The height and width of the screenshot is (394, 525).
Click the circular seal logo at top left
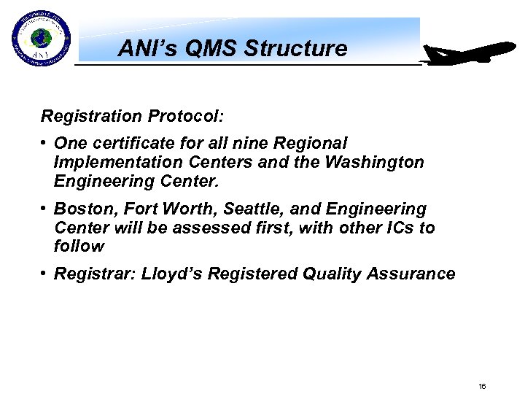(x=41, y=39)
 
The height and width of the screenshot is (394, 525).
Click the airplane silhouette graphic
(x=469, y=55)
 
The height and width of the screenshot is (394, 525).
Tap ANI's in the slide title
(x=142, y=49)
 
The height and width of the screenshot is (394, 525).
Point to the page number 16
(x=482, y=386)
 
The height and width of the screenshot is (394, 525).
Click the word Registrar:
(x=95, y=274)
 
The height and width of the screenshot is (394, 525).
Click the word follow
(x=79, y=247)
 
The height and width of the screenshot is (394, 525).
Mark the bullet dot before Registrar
(x=44, y=274)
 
